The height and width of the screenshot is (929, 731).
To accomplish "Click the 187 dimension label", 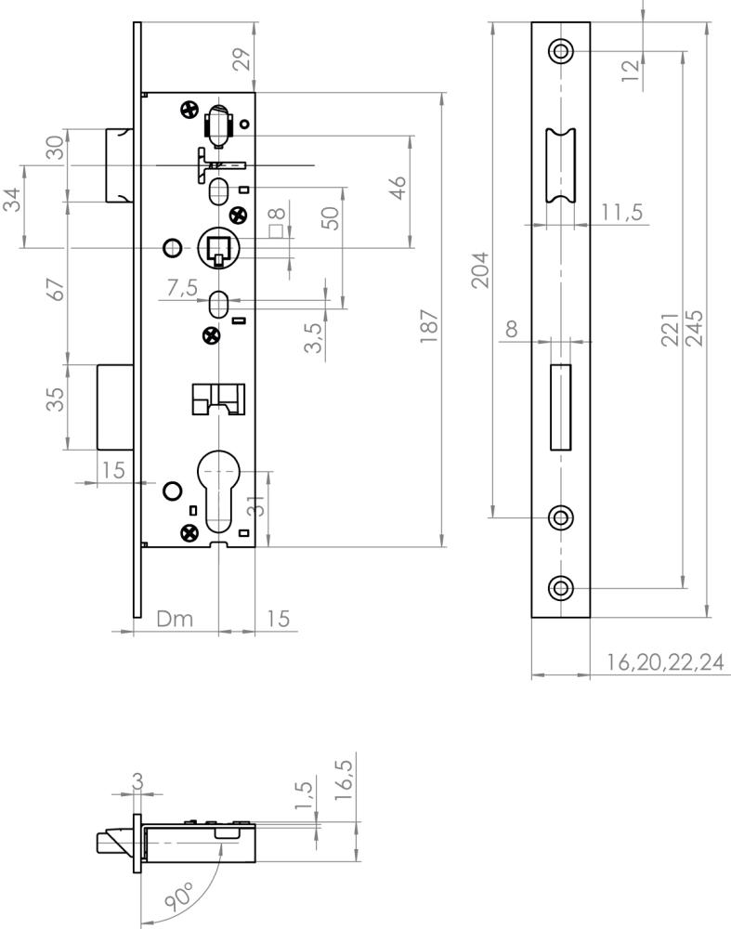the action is tap(428, 325).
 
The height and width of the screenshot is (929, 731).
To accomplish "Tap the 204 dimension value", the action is tap(480, 269).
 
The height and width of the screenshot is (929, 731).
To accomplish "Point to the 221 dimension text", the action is tap(670, 330).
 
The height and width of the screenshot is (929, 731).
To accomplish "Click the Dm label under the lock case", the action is tap(175, 619).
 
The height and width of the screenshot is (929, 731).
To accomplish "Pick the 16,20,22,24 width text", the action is tap(665, 661).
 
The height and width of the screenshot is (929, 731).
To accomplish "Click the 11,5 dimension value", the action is tap(622, 212).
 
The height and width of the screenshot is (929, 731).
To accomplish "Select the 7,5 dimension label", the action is tap(182, 288).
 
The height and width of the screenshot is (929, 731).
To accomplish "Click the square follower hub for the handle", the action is tap(218, 248).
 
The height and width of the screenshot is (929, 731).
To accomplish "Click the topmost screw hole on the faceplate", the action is tap(560, 51).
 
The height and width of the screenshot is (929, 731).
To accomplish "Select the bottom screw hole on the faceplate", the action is tap(560, 588).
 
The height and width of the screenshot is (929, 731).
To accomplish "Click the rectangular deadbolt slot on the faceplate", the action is tap(561, 407).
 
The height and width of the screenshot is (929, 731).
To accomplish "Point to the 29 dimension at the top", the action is tap(241, 59).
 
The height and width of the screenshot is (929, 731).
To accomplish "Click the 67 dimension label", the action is tap(56, 290).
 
